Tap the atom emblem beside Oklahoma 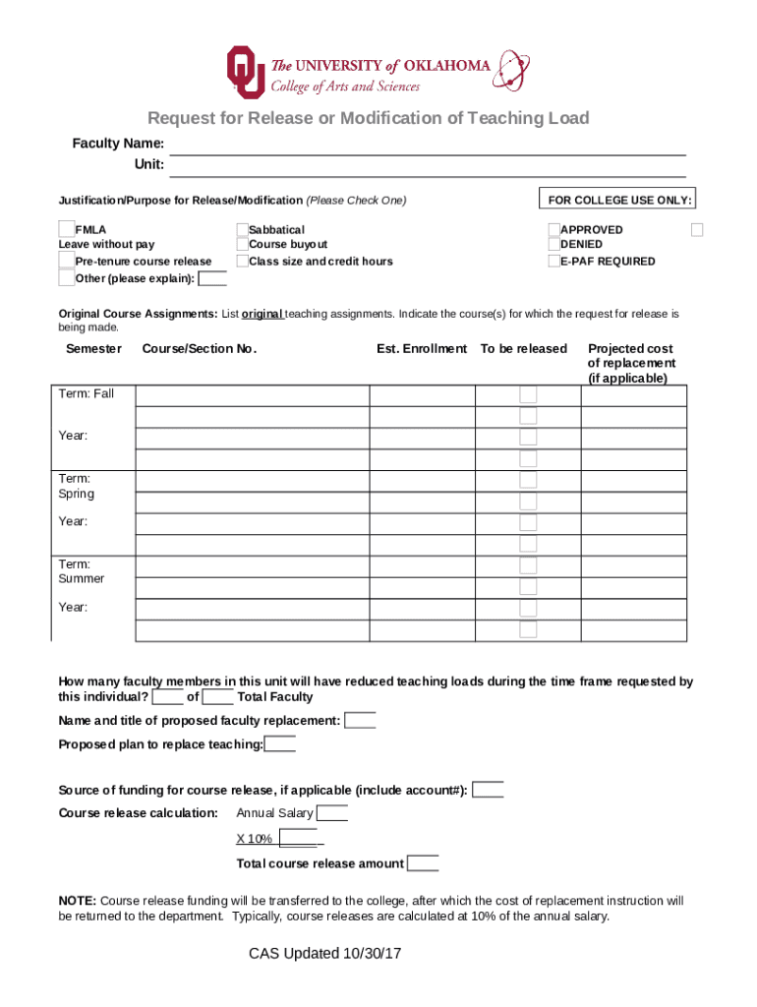click(x=510, y=70)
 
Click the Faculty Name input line click(x=428, y=146)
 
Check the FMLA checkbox click(x=67, y=229)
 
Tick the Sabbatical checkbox click(x=242, y=229)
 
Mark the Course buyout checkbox click(x=242, y=244)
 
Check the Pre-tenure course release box click(x=67, y=261)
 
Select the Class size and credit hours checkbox click(x=242, y=261)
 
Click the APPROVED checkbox click(x=553, y=229)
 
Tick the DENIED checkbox click(x=553, y=244)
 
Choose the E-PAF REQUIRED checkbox click(x=553, y=261)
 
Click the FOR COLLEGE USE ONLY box click(x=619, y=200)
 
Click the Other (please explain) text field click(x=212, y=278)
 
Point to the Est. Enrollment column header click(x=421, y=348)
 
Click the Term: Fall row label click(x=87, y=393)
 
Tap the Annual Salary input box click(x=331, y=813)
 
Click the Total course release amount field click(x=423, y=863)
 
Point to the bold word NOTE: click(x=77, y=901)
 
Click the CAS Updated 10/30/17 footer click(x=325, y=954)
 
